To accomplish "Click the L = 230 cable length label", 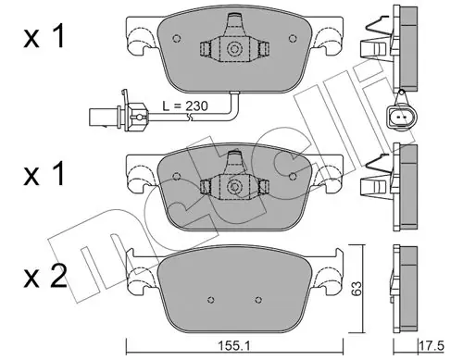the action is [185, 106].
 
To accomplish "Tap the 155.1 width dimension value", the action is [234, 346].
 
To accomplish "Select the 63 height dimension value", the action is [357, 289].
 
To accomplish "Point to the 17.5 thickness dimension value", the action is [432, 345].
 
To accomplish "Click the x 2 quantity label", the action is [45, 277].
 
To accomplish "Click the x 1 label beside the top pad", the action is [44, 36].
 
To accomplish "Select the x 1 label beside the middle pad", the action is [44, 173].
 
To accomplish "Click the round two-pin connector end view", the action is [401, 117].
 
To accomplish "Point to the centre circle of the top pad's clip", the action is [233, 49].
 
